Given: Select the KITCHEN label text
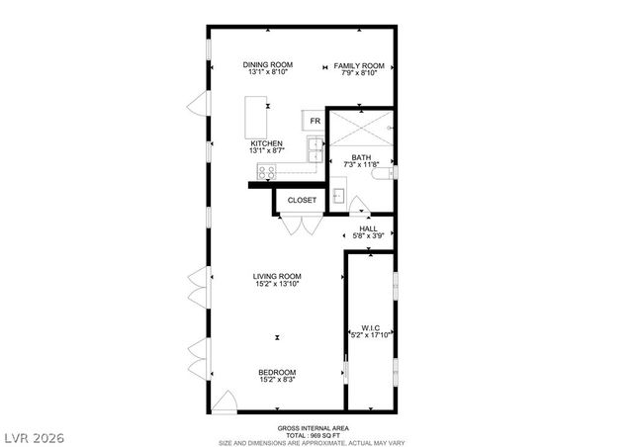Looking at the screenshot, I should click(266, 143).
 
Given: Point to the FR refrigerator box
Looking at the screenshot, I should click(315, 121).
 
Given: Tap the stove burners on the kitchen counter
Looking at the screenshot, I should click(265, 169).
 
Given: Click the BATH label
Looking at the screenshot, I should click(361, 157).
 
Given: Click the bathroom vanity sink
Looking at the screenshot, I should click(338, 194).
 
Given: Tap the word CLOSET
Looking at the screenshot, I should click(302, 201).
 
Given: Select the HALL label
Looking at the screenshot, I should click(368, 228).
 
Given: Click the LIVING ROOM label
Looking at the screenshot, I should click(277, 276).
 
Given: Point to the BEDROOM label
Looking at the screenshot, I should click(277, 372).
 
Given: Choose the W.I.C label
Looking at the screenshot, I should click(370, 327).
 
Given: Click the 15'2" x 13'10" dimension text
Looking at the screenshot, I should click(277, 285).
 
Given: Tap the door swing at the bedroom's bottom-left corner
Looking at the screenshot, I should click(226, 402).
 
